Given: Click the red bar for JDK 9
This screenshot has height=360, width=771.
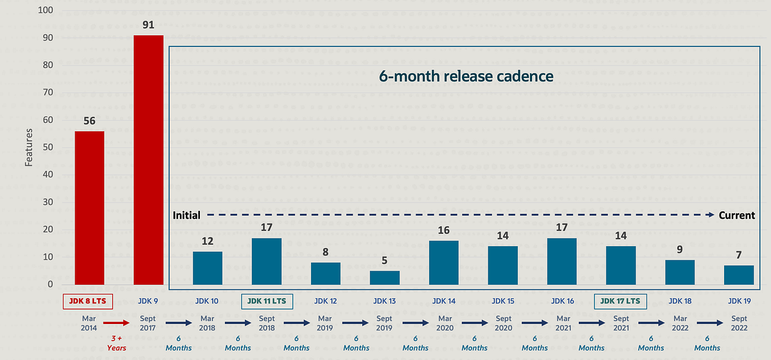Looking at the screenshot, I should pos(148,160).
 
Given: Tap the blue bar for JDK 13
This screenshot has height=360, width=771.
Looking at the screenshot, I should pos(384,278).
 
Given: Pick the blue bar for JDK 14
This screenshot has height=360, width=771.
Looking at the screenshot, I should pos(443,263).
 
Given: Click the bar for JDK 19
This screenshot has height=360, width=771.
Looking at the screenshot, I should pos(738,274).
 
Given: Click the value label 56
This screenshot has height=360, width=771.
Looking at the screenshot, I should pos(89,122).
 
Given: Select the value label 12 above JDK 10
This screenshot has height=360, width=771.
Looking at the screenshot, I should pos(207,242).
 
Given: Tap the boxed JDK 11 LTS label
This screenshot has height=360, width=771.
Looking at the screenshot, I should pos(267,301).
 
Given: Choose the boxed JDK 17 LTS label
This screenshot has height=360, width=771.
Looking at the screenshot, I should pos(620,301).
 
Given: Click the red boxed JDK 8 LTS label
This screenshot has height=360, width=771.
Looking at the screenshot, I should pos(89,301).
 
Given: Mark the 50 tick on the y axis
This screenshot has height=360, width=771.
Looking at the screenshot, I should pos(48,147).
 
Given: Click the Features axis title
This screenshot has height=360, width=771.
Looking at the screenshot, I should pos(29,147).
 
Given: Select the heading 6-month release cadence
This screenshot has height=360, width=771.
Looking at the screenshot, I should pos(466,76).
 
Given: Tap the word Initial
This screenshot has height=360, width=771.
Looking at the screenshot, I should pos(186,215).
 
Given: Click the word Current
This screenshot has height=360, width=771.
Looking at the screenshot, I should pos(737,215).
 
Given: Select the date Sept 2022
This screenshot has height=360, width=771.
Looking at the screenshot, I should pos(739,324).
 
